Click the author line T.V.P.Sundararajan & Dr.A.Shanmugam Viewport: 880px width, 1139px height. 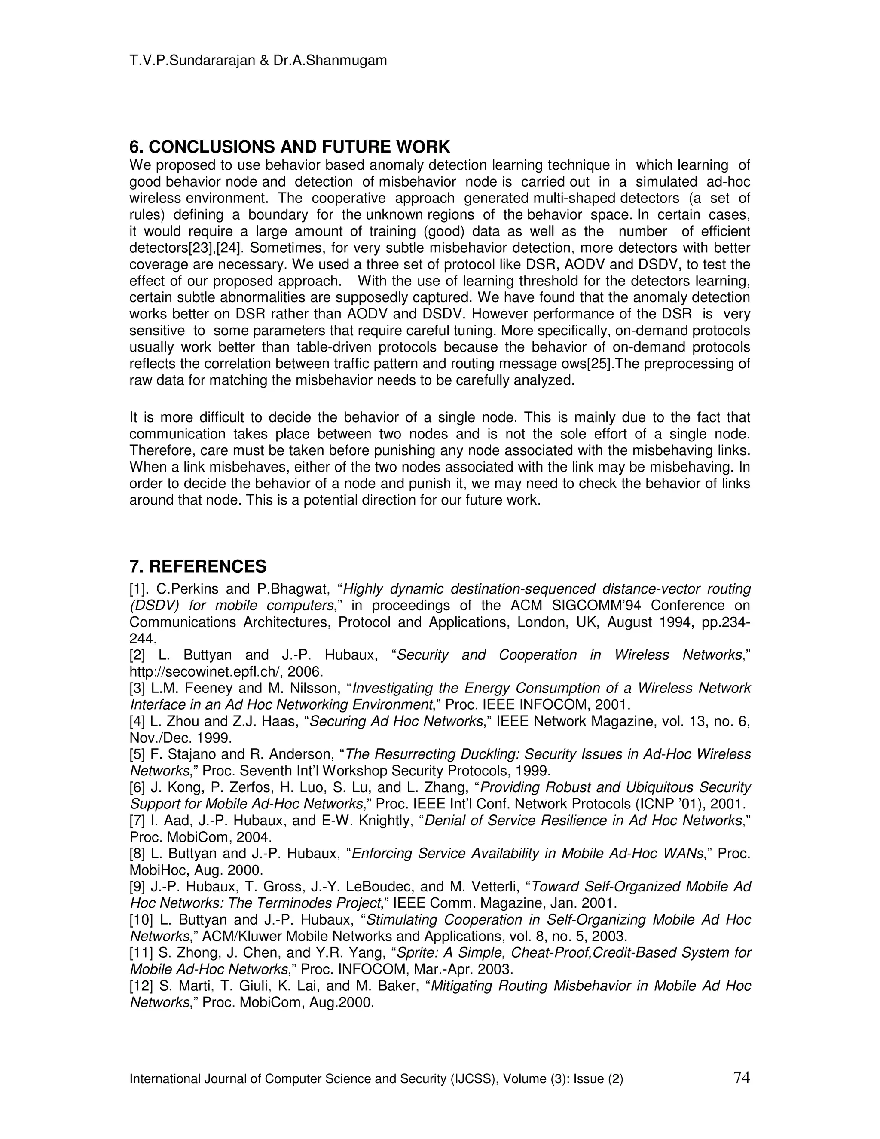(258, 61)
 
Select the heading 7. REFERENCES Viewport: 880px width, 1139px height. (198, 566)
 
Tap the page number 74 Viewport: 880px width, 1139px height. (741, 1077)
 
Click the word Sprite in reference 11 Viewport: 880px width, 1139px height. (414, 953)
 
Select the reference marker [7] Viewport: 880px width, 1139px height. (137, 821)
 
